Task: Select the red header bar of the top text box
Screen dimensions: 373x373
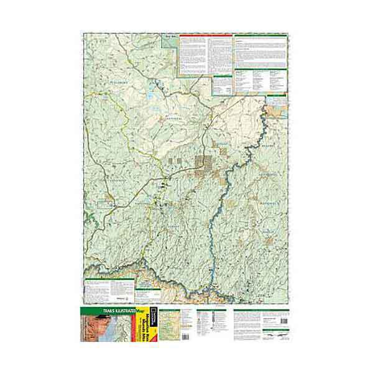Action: (x=206, y=35)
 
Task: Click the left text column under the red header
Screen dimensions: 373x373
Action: (x=193, y=50)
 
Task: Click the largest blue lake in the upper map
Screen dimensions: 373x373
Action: (x=151, y=96)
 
